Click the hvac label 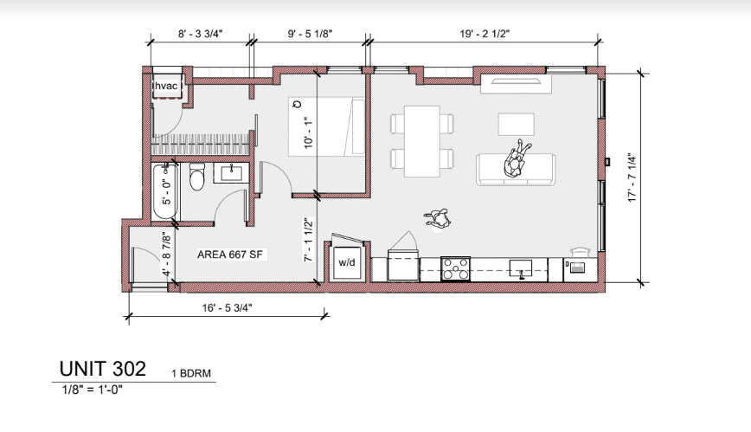(x=166, y=86)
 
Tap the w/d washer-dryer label (x=347, y=262)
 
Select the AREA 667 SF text (x=230, y=255)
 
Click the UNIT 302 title (x=102, y=369)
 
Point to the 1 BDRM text (x=191, y=373)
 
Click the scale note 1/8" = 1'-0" (x=93, y=390)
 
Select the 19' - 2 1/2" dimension (x=485, y=34)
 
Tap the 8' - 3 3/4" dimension (x=201, y=34)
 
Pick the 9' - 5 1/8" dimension (x=310, y=34)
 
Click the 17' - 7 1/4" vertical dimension (x=632, y=177)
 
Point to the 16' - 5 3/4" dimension (x=227, y=308)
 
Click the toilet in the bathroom (x=197, y=177)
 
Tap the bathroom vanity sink (x=231, y=172)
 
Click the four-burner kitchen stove (x=455, y=268)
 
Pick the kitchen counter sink (x=520, y=269)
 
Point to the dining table (x=422, y=141)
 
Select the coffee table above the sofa (x=517, y=124)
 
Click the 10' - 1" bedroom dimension (x=308, y=132)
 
